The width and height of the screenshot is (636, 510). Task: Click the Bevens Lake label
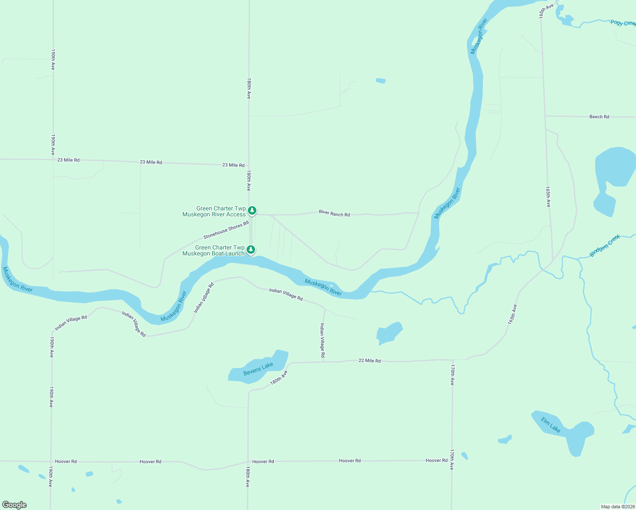(x=258, y=369)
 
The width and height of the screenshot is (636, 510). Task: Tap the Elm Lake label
(x=551, y=425)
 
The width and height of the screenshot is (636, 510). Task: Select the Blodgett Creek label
(x=605, y=246)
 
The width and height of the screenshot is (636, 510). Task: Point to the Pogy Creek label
(x=622, y=23)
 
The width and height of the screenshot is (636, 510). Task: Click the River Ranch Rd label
(x=334, y=213)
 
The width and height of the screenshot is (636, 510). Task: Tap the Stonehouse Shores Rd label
(x=226, y=230)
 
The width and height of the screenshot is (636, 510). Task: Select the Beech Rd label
(x=599, y=117)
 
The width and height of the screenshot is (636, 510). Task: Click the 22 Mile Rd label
(x=369, y=361)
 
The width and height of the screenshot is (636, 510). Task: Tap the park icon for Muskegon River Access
(x=252, y=210)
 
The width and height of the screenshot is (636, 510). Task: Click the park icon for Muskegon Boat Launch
(x=251, y=249)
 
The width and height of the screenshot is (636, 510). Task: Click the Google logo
(x=14, y=505)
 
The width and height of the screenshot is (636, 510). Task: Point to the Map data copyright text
(x=617, y=507)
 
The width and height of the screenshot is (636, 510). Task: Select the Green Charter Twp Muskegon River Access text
(x=214, y=212)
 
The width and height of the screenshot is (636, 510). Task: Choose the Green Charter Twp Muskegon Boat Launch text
(x=214, y=251)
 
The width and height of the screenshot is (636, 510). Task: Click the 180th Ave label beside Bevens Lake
(x=279, y=378)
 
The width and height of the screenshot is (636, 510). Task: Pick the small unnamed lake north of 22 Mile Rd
(x=388, y=333)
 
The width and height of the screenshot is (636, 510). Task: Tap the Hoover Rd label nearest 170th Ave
(x=437, y=461)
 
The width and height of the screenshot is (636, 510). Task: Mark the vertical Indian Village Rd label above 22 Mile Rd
(x=322, y=340)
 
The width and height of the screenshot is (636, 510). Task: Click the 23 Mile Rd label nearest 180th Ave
(x=233, y=165)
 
